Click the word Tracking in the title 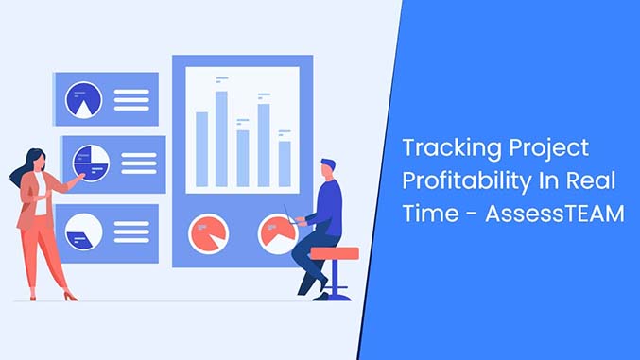(444, 149)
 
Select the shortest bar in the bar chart (285, 163)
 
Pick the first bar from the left (200, 148)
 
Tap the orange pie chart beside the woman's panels (208, 232)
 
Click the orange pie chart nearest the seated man (276, 231)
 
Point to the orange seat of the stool (335, 253)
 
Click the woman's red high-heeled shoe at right (69, 296)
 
